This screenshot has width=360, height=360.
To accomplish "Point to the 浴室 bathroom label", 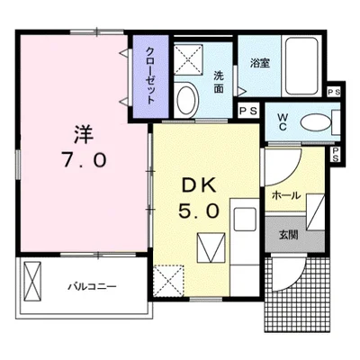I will pyautogui.click(x=260, y=64).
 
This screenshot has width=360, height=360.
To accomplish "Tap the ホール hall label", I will pyautogui.click(x=287, y=195).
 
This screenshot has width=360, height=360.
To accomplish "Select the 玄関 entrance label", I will pyautogui.click(x=287, y=235).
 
